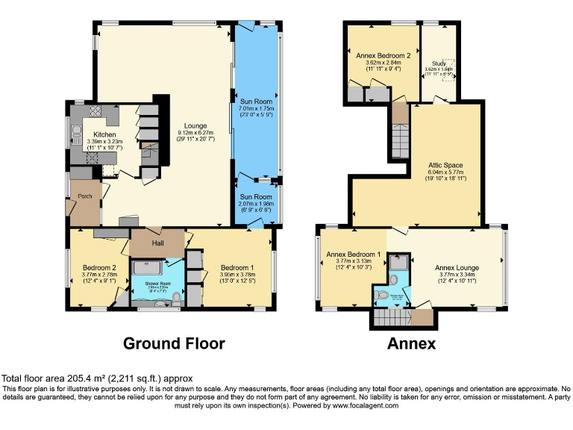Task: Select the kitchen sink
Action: [76, 135]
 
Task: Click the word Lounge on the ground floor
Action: [196, 126]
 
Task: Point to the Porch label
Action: [84, 196]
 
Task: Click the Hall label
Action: [157, 243]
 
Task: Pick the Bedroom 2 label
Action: [98, 267]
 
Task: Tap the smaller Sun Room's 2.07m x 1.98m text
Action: [256, 205]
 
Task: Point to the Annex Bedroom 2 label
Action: [383, 55]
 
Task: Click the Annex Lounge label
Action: [457, 267]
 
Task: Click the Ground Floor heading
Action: [173, 343]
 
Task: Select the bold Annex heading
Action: [411, 343]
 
